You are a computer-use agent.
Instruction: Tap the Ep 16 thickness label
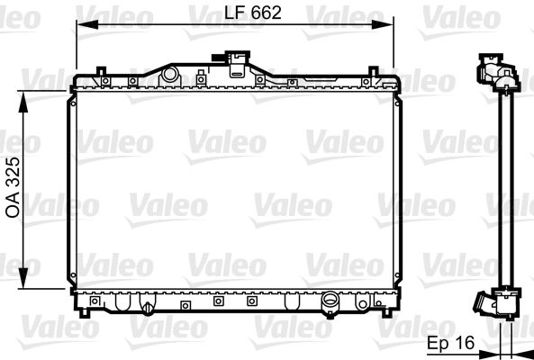pos(450,345)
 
